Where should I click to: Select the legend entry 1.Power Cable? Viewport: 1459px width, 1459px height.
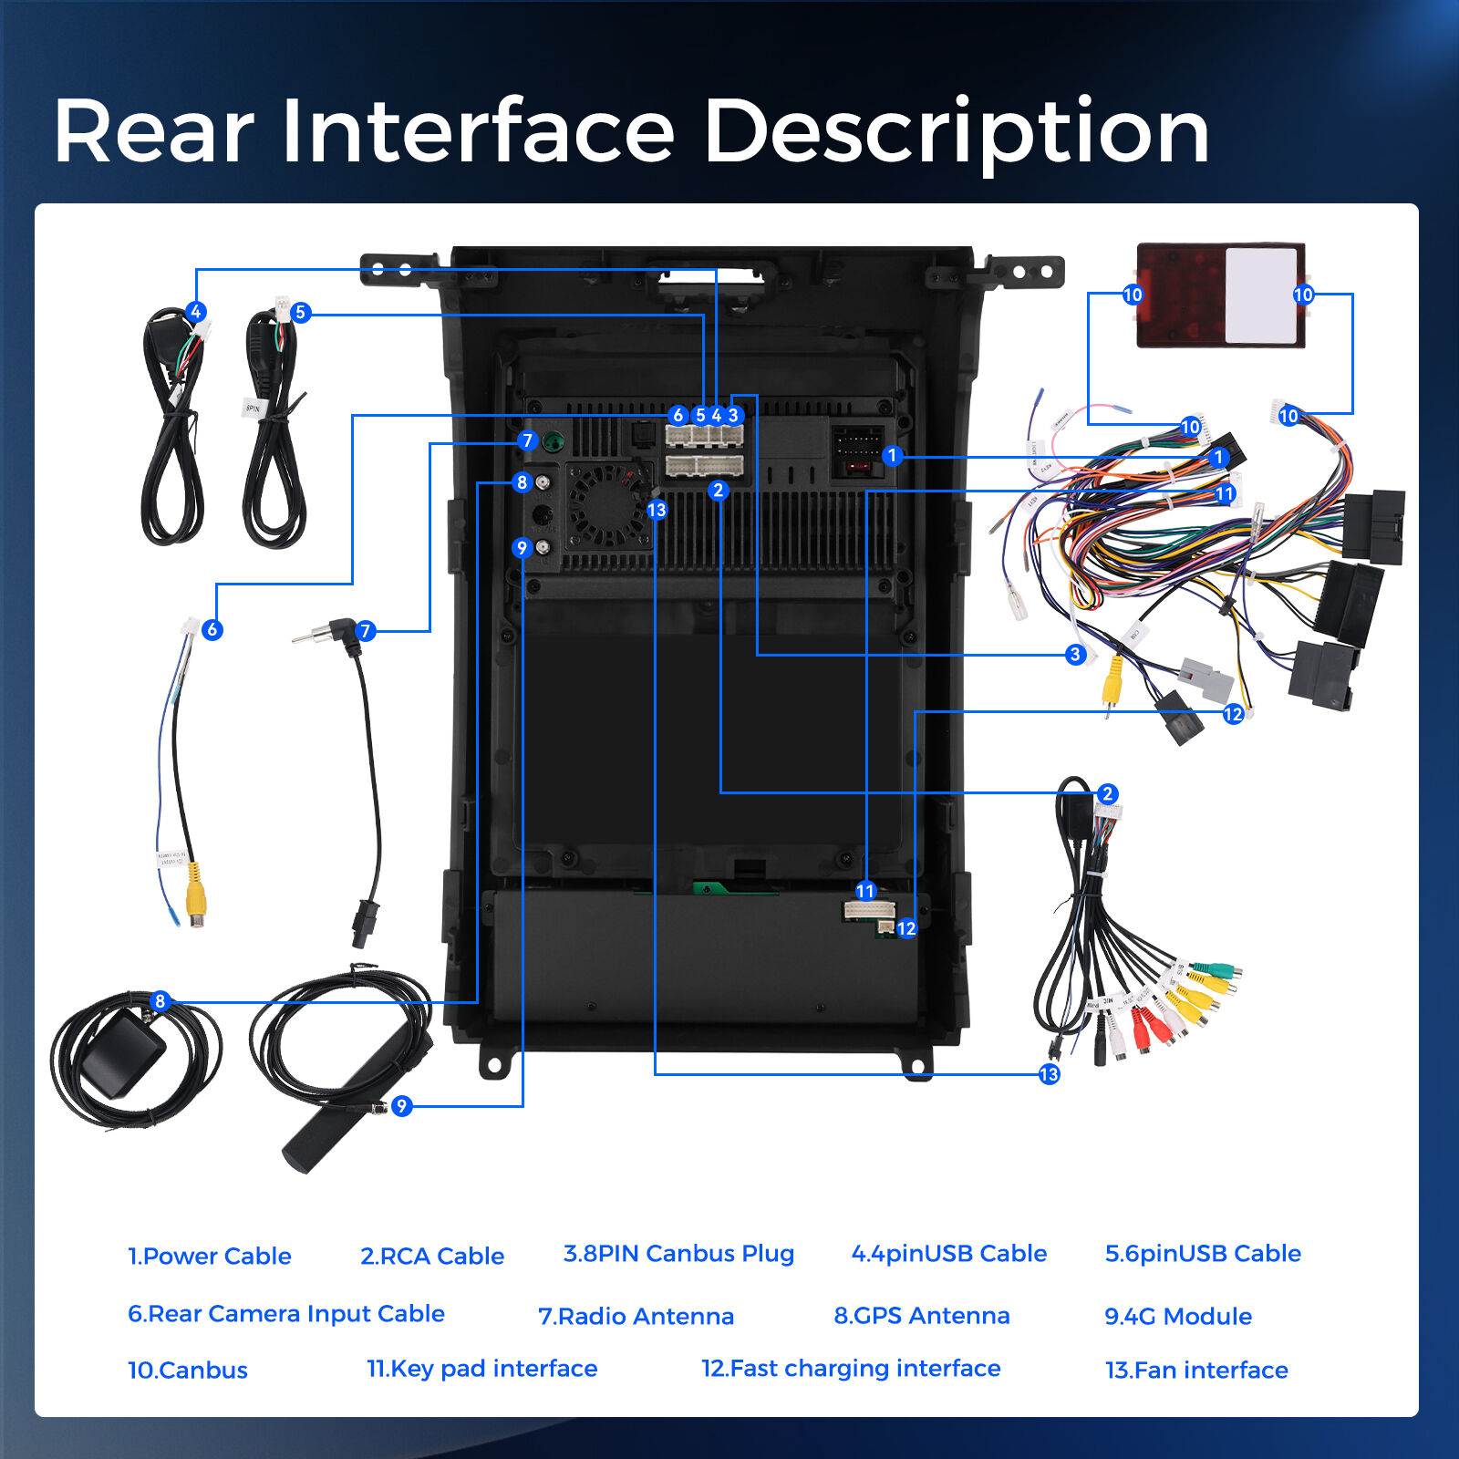(x=209, y=1256)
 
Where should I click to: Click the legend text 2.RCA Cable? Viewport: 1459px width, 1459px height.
(x=431, y=1256)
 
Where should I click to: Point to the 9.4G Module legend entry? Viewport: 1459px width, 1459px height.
(x=1177, y=1316)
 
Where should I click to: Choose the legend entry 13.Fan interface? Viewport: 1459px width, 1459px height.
(x=1195, y=1370)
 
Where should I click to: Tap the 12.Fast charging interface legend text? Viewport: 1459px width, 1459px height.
(x=850, y=1368)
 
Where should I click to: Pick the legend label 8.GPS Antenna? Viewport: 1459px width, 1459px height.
(x=921, y=1315)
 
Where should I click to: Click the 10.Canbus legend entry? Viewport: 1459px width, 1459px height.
(x=187, y=1370)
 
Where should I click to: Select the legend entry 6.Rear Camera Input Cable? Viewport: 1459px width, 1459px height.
(x=285, y=1313)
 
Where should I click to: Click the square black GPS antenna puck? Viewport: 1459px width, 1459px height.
(x=123, y=1057)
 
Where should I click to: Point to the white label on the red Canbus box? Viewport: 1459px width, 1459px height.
(x=1260, y=295)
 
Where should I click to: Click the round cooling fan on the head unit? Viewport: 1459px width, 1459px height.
(x=607, y=505)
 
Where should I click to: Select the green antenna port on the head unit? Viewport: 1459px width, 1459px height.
(x=553, y=443)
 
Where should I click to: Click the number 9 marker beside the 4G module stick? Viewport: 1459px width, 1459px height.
(x=401, y=1106)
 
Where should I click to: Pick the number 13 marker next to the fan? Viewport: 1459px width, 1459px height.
(x=657, y=510)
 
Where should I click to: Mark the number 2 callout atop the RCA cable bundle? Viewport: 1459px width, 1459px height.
(x=1107, y=793)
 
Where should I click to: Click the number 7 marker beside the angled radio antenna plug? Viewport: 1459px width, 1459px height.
(x=366, y=631)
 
